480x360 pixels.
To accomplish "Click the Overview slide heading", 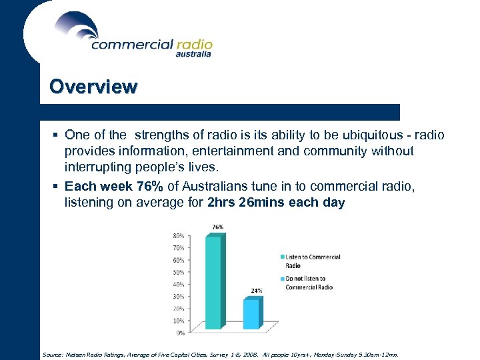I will pos(93,87).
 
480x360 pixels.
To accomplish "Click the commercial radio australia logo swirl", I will pos(76,26).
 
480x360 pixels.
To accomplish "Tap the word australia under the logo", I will pos(193,55).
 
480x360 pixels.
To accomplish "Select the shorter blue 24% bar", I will pos(251,313).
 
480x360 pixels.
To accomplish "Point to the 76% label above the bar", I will pos(217,227).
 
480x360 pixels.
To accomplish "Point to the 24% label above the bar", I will pos(256,291).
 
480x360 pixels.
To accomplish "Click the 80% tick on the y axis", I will pos(179,236).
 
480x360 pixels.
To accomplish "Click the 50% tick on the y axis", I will pos(179,272).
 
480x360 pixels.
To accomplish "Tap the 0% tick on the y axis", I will pos(180,332).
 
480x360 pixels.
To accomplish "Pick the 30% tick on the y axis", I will pos(179,296).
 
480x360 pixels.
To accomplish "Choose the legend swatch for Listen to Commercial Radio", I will pos(282,257).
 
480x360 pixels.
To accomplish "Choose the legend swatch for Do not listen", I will pos(282,279).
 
